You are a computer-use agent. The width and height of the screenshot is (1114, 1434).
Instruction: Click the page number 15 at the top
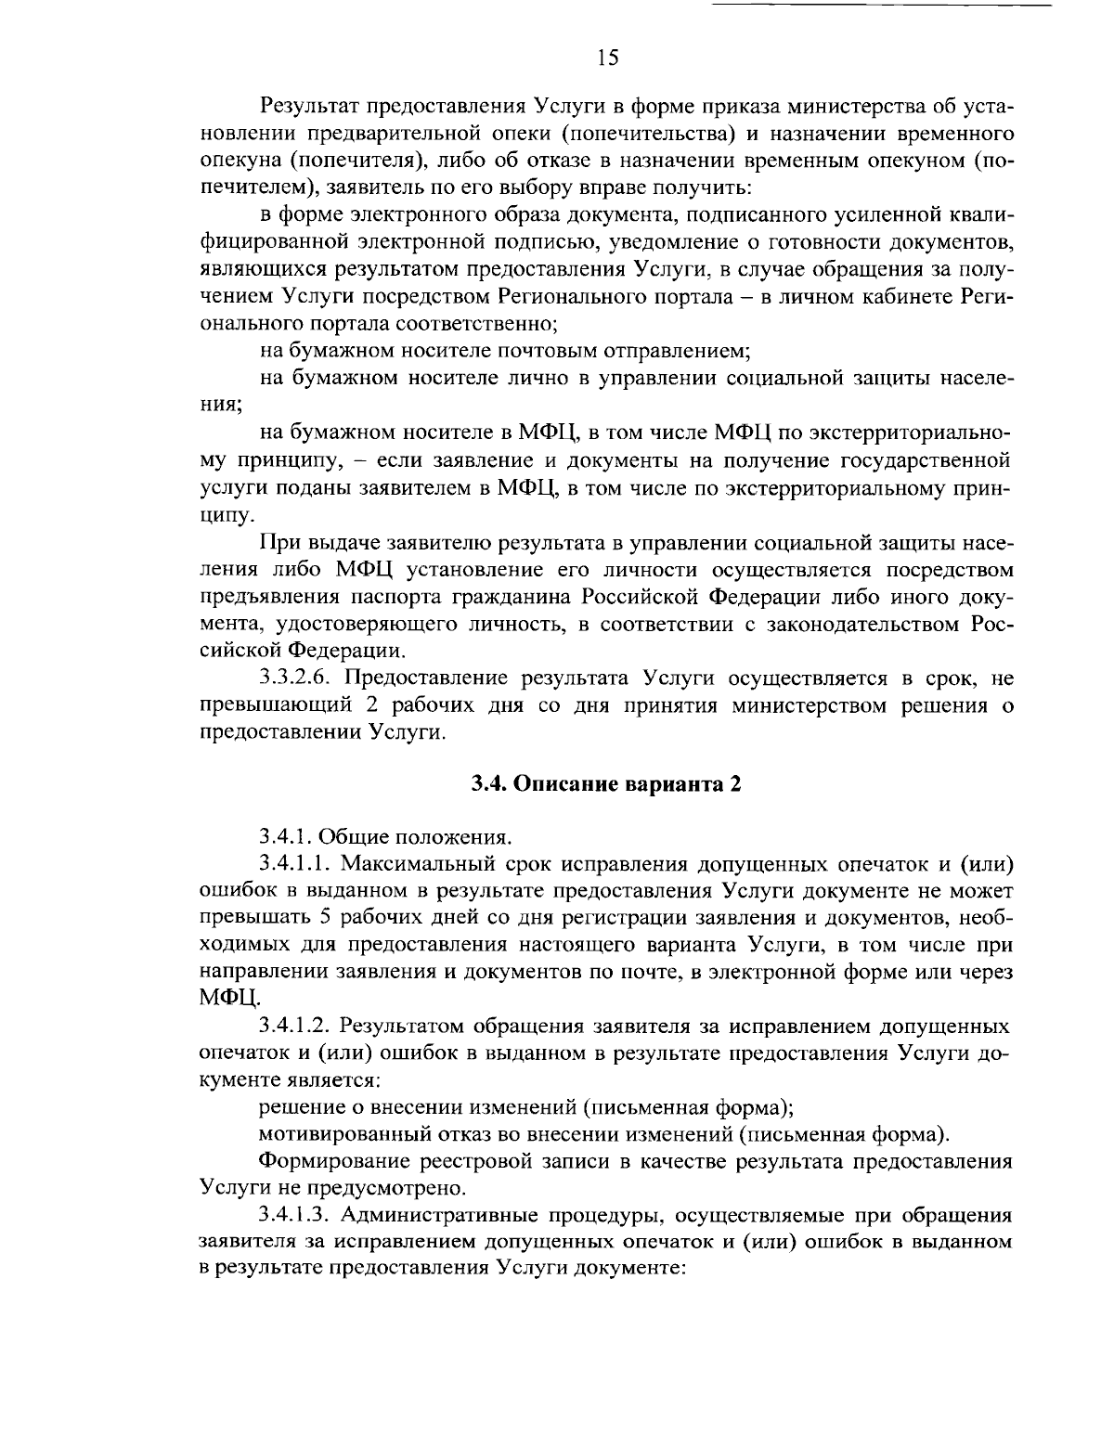click(x=607, y=58)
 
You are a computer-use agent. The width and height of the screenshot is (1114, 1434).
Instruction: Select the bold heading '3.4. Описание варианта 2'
click(x=607, y=783)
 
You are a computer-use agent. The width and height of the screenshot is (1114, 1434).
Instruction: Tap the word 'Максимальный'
click(x=419, y=863)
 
